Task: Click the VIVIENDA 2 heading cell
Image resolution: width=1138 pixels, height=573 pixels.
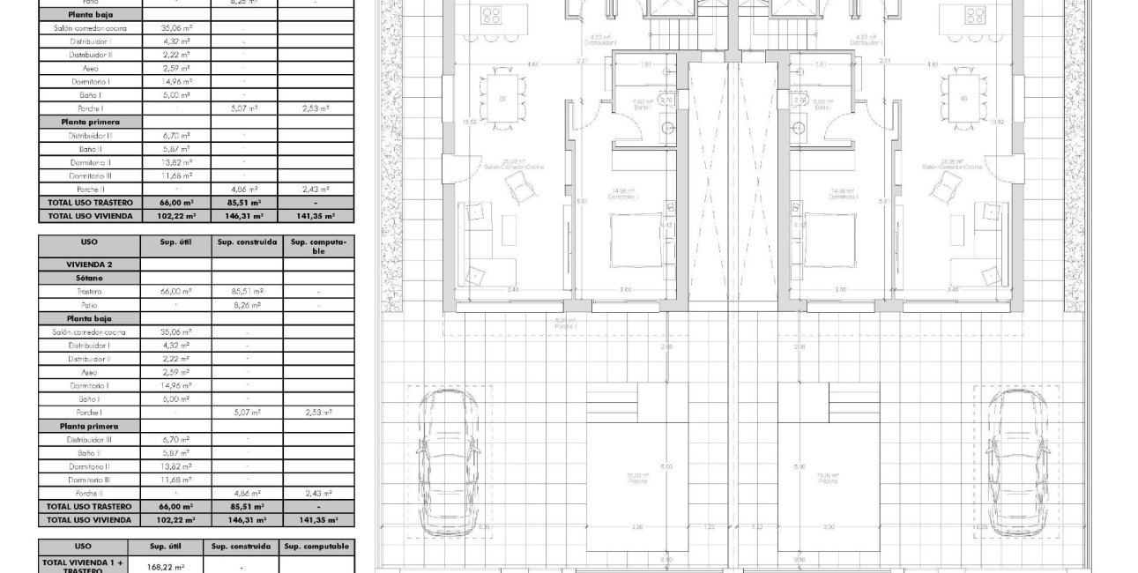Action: tap(89, 264)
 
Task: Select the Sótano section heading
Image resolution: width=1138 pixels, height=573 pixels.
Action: tap(89, 277)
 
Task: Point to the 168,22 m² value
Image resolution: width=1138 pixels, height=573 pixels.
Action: tap(166, 567)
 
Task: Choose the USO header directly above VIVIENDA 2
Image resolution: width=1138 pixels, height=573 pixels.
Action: tap(89, 242)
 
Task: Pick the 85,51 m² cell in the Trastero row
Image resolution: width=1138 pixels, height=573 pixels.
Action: tap(247, 291)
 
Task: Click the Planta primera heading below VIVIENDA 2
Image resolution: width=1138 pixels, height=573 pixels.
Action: tap(89, 426)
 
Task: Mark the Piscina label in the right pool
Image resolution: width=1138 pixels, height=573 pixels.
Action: tap(827, 481)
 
